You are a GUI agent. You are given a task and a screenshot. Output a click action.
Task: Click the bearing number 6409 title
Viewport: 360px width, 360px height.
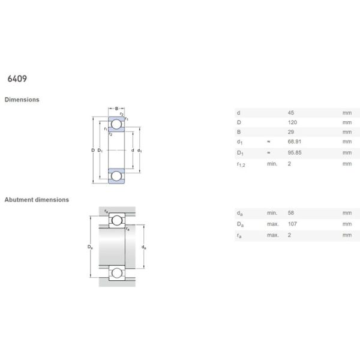click(16, 79)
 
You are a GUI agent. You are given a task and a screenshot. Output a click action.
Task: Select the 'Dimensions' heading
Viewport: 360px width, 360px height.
click(22, 100)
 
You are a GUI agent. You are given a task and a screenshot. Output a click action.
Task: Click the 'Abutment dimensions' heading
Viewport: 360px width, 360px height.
click(37, 199)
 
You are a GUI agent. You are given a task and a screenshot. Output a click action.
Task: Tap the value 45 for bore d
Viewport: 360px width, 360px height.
click(292, 112)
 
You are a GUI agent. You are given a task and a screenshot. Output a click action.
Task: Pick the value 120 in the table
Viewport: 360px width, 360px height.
click(293, 122)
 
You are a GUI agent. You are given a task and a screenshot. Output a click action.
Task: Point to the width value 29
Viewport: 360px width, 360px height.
click(292, 132)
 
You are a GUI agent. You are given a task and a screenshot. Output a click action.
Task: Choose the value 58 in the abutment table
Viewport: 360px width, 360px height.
click(292, 213)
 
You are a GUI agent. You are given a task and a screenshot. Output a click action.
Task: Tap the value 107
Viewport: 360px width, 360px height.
click(293, 224)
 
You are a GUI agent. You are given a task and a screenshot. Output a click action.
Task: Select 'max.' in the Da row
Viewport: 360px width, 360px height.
click(273, 224)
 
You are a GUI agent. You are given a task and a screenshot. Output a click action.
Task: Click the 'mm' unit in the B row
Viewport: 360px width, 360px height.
click(346, 132)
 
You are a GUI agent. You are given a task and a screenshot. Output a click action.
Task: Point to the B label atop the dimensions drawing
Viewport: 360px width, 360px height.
click(116, 109)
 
